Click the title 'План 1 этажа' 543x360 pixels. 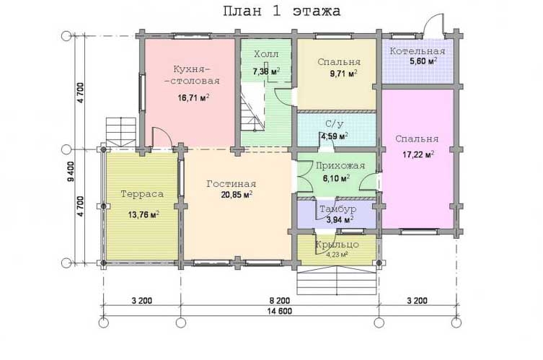[x=281, y=12]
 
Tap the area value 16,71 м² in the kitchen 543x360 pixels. [x=193, y=97]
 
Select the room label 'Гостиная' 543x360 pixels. [x=231, y=184]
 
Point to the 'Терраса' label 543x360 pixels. [x=142, y=194]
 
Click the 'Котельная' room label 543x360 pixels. [x=418, y=51]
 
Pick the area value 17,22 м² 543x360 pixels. [x=418, y=154]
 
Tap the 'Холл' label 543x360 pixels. [x=266, y=54]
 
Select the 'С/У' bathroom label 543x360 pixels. [x=334, y=124]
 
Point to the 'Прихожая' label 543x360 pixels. [x=340, y=166]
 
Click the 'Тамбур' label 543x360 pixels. [x=337, y=209]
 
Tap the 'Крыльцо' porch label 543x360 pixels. [x=337, y=245]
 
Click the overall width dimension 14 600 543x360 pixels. [x=280, y=311]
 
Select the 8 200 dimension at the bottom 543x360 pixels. [x=280, y=300]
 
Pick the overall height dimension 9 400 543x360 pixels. [x=71, y=172]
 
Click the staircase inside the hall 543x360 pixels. [x=253, y=107]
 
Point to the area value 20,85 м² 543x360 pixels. [x=237, y=195]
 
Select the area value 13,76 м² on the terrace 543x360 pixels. [x=144, y=215]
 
